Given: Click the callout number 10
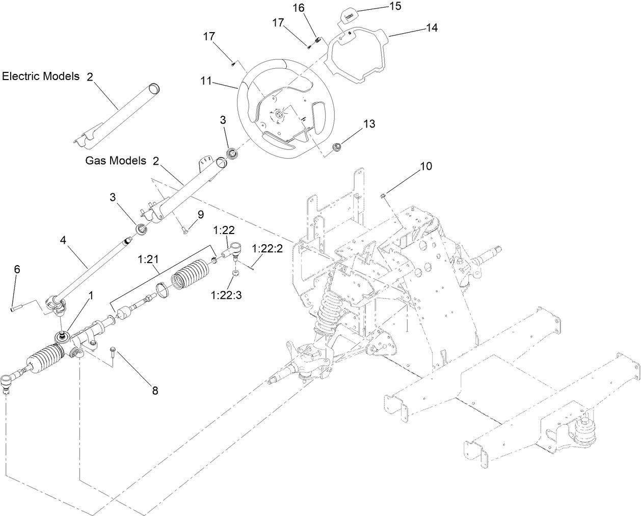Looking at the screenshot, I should pos(426,166).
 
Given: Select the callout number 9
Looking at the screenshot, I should pos(200,215).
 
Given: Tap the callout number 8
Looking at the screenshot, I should pos(154,391).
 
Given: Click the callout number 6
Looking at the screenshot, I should pos(17,269).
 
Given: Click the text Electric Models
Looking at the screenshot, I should pos(41,76).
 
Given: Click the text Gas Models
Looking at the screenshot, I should pos(116,161).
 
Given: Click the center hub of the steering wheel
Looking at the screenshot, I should pos(279,115).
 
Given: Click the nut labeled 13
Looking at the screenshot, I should pos(337,148).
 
